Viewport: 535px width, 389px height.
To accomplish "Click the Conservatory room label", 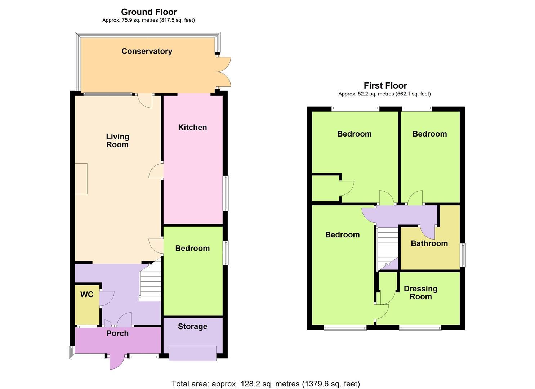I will tap(147, 51).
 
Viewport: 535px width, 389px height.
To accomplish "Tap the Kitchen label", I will tap(192, 128).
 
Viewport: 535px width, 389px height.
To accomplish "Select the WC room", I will tap(87, 304).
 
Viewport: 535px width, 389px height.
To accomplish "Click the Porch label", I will tap(117, 334).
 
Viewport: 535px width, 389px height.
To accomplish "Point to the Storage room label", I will tap(192, 327).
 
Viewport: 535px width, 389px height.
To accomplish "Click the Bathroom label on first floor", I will tap(429, 243).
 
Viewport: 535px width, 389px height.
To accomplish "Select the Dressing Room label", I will tap(420, 292).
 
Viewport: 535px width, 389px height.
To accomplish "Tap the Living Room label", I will tap(117, 140).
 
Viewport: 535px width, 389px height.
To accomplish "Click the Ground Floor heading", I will tap(149, 12).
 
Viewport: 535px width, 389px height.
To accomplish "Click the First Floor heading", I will tap(385, 86).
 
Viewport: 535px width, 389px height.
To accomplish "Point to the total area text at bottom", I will tap(266, 384).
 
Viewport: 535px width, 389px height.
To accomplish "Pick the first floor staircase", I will tap(387, 249).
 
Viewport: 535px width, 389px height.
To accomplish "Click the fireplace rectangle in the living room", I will tap(81, 179).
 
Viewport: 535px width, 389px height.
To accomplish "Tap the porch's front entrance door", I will tap(116, 362).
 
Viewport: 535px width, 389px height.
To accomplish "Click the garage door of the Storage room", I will tap(192, 353).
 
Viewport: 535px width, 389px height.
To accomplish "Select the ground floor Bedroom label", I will tap(192, 249).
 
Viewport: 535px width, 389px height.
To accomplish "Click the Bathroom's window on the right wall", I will tap(464, 255).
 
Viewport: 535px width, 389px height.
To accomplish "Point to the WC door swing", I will tap(107, 298).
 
